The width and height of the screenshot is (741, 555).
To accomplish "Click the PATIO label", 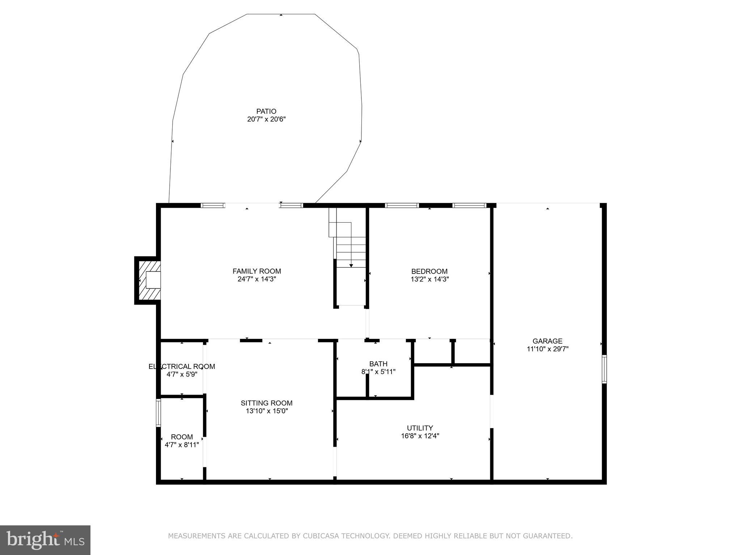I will coord(266,111).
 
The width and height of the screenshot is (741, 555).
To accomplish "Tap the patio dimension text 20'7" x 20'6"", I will coord(266,119).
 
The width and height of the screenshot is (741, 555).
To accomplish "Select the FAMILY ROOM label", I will coord(257,271).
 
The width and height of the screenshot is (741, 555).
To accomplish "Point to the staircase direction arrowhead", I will coord(351,266).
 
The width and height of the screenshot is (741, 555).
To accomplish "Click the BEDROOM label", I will coord(429,271).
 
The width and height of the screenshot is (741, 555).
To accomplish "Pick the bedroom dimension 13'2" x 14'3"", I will coord(429,279).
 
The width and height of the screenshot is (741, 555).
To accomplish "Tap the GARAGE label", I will coord(547,341).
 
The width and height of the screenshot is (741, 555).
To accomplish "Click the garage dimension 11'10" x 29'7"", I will coord(547,349).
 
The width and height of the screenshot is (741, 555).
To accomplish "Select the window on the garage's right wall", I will coord(604,369).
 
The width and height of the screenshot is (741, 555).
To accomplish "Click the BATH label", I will coord(378,363).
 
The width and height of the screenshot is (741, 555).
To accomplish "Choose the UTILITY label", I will coord(420,428).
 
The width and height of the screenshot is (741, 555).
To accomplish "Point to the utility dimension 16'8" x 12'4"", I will coord(420,436).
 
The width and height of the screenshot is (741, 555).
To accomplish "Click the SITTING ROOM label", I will coord(266,403).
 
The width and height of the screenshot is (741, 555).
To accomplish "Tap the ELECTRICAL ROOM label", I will coord(182,366).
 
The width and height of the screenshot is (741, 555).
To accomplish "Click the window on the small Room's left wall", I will coord(158,412).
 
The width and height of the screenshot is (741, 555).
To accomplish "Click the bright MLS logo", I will coord(45,540).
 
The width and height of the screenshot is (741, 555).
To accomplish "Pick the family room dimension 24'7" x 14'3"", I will coord(257,279).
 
